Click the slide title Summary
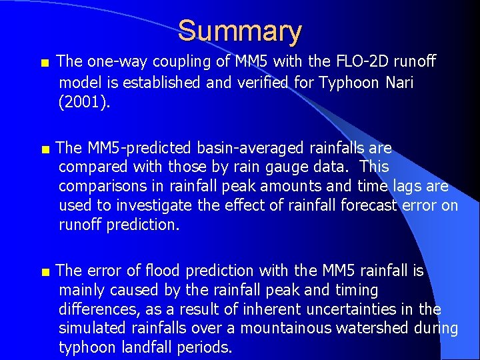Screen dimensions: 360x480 [240, 31]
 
